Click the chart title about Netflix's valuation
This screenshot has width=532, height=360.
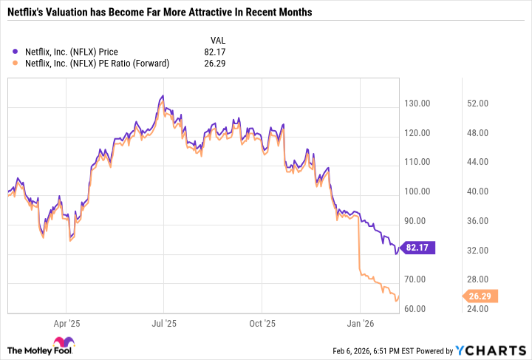pos(159,13)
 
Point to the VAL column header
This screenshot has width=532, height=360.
pos(218,40)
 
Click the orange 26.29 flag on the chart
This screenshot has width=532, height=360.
pos(481,296)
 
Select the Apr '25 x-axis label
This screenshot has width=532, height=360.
pos(66,323)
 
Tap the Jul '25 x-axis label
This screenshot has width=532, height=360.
pos(164,323)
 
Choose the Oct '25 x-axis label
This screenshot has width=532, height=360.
pos(262,323)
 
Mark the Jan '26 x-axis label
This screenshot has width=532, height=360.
pos(361,323)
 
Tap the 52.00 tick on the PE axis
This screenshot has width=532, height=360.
pos(479,103)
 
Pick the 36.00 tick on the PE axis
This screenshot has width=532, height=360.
pos(479,221)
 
